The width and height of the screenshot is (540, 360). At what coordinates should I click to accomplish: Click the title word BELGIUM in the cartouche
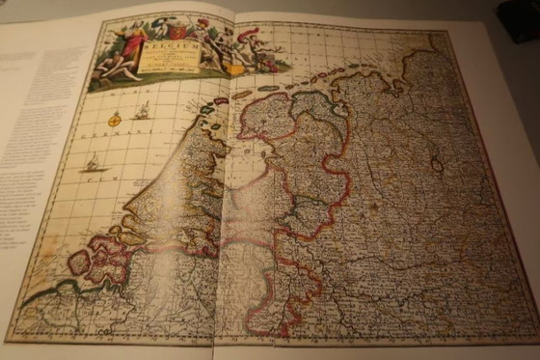click(173, 43)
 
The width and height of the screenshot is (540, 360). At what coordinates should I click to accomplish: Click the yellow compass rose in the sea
click(114, 119)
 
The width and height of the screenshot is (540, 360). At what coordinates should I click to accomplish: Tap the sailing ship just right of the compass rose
click(142, 111)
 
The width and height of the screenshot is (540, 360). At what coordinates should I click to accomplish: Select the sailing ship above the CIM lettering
click(92, 163)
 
